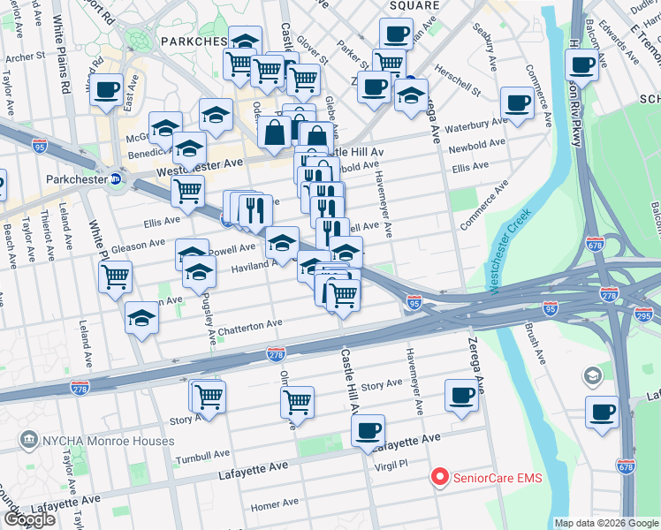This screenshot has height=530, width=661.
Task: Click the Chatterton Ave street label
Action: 250,328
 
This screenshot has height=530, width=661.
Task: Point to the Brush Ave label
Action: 536,344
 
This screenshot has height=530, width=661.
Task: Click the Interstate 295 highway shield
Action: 643,315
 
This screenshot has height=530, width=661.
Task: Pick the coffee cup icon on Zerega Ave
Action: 461,396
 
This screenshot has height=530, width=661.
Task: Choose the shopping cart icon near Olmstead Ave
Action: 297,402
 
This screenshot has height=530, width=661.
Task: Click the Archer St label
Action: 26,58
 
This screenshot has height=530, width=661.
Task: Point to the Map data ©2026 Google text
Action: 605,523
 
